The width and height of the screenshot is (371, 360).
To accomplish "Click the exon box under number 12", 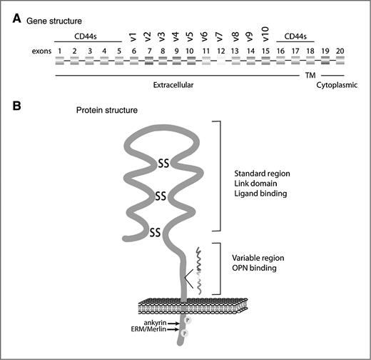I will (x=223, y=62).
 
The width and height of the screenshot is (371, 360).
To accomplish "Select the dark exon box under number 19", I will (x=325, y=62).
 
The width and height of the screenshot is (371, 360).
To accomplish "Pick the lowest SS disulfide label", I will (x=156, y=231).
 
